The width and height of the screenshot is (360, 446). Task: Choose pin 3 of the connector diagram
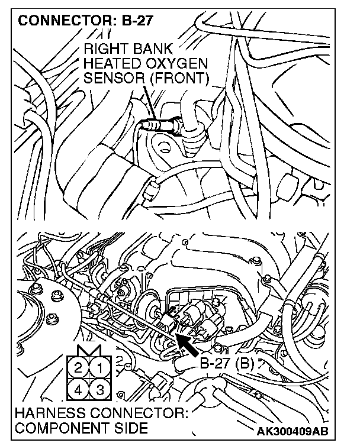coord(100,390)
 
